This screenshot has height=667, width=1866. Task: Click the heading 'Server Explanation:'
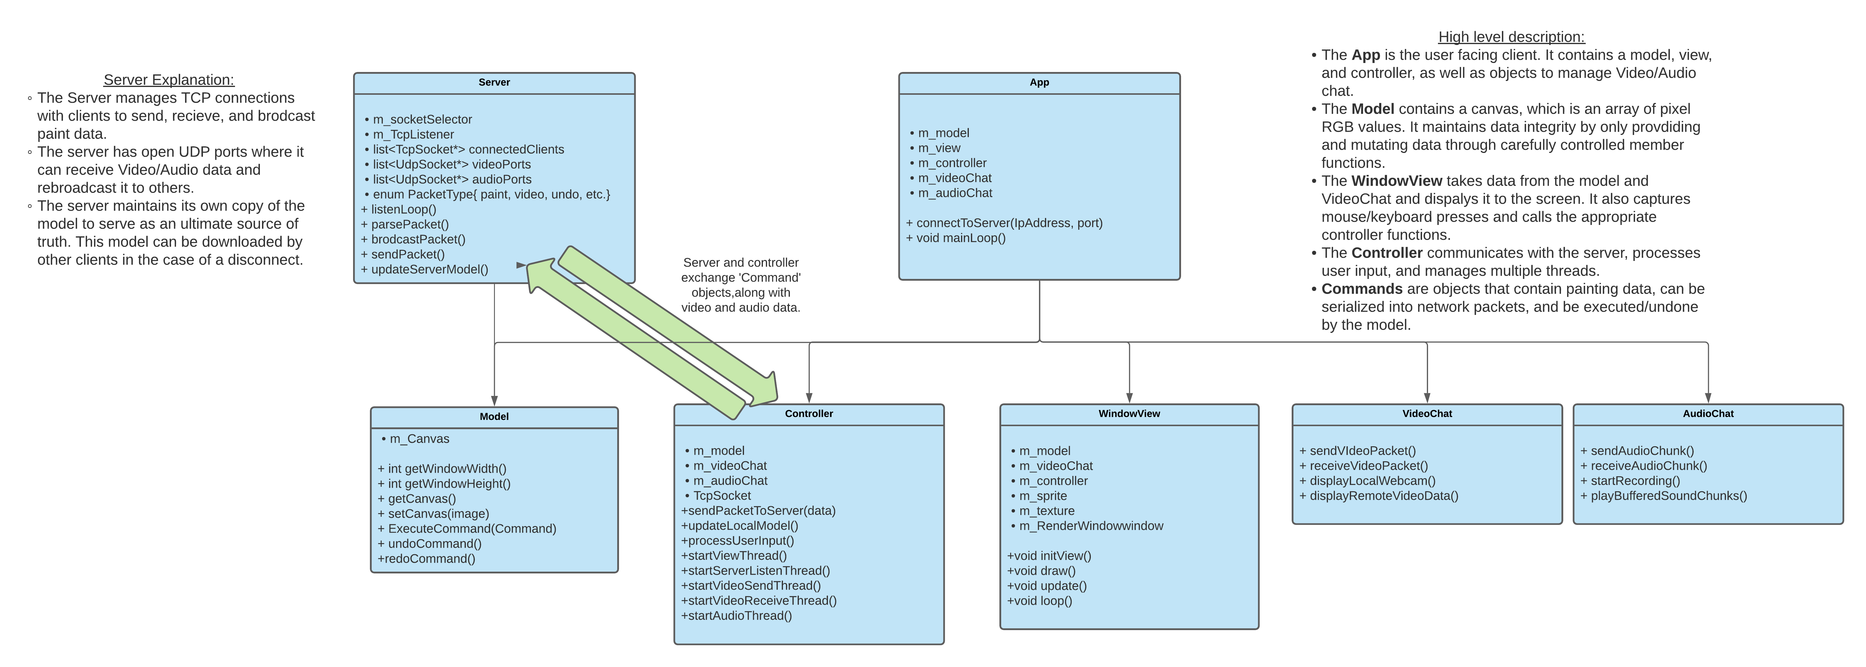coord(169,80)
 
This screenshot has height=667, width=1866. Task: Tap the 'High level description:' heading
coord(1511,37)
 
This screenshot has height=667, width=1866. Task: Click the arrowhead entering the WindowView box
coord(1129,398)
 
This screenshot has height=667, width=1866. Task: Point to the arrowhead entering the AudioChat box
coord(1708,398)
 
